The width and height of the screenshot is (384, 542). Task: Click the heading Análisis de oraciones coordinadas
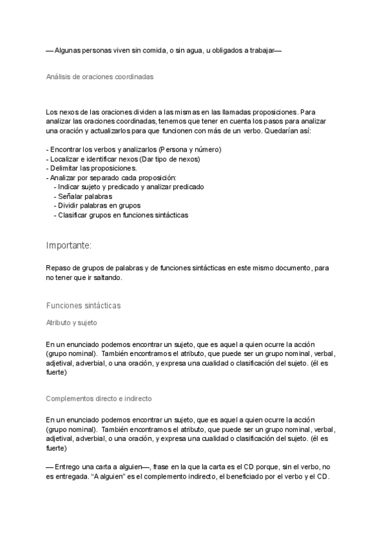tap(99, 77)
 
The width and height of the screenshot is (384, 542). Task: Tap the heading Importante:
tap(68, 245)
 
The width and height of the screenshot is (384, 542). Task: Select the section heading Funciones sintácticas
tap(83, 306)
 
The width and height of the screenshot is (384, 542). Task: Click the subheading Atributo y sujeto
tap(71, 323)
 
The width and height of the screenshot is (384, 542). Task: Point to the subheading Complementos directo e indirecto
tap(99, 398)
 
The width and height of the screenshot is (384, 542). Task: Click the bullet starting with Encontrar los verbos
tap(134, 150)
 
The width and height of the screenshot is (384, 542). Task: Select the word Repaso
tap(58, 268)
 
